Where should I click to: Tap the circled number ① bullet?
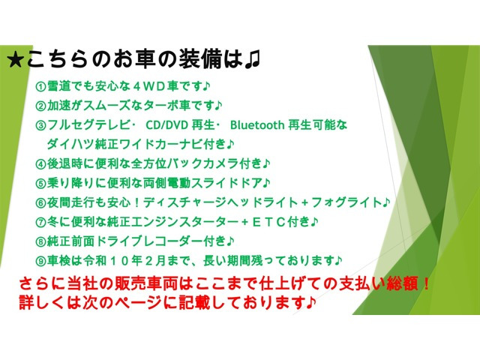click(x=40, y=87)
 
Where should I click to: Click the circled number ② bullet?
click(x=40, y=106)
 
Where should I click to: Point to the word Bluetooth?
click(x=257, y=125)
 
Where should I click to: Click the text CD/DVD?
click(x=166, y=125)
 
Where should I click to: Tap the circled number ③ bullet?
click(x=40, y=125)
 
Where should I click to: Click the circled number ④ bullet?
click(x=40, y=163)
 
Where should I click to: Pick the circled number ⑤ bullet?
click(x=40, y=183)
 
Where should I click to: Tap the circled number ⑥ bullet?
click(x=40, y=202)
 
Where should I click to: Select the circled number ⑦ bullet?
click(x=40, y=222)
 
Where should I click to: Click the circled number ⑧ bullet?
click(x=40, y=241)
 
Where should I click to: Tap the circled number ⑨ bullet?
click(x=40, y=261)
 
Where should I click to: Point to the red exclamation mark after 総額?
click(x=426, y=284)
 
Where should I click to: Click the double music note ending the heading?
click(x=252, y=60)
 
